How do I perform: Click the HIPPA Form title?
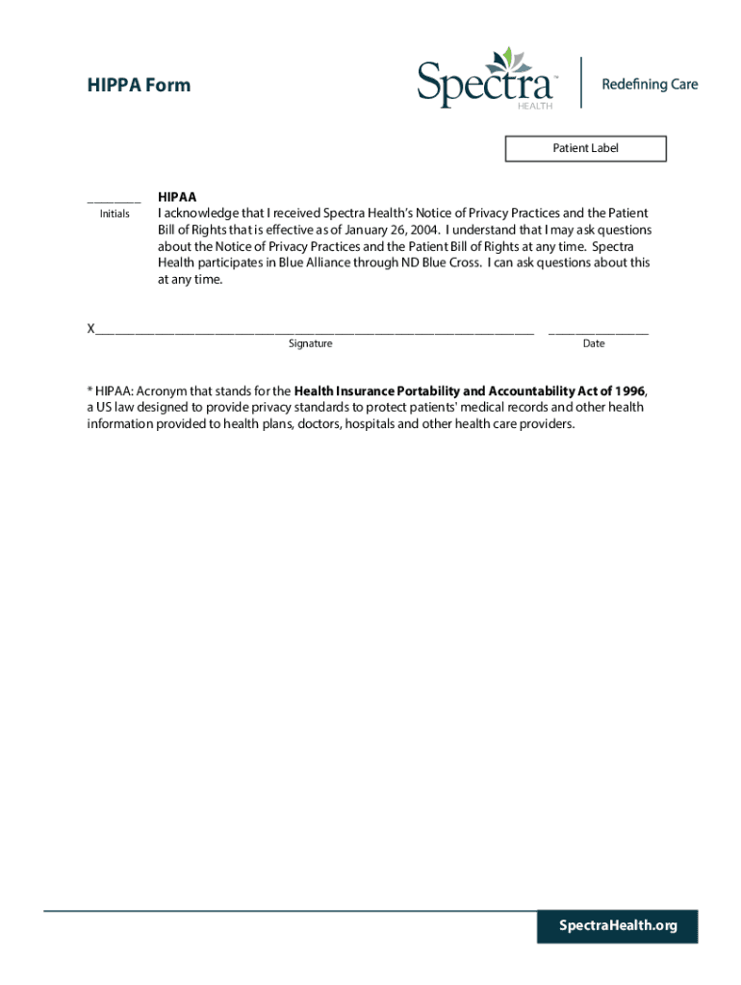pos(139,85)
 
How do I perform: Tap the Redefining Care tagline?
pos(650,85)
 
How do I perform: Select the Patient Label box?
pos(585,148)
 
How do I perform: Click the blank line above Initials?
pos(114,201)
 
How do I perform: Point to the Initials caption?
pos(115,214)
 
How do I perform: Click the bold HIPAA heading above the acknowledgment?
pos(177,196)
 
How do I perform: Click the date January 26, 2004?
pos(396,230)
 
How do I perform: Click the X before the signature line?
pos(90,329)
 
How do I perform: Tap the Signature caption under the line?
pos(310,343)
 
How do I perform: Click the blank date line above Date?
pos(598,331)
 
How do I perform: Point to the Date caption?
pos(594,343)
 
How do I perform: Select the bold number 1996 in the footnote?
pos(628,391)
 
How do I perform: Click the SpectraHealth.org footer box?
pos(618,925)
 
